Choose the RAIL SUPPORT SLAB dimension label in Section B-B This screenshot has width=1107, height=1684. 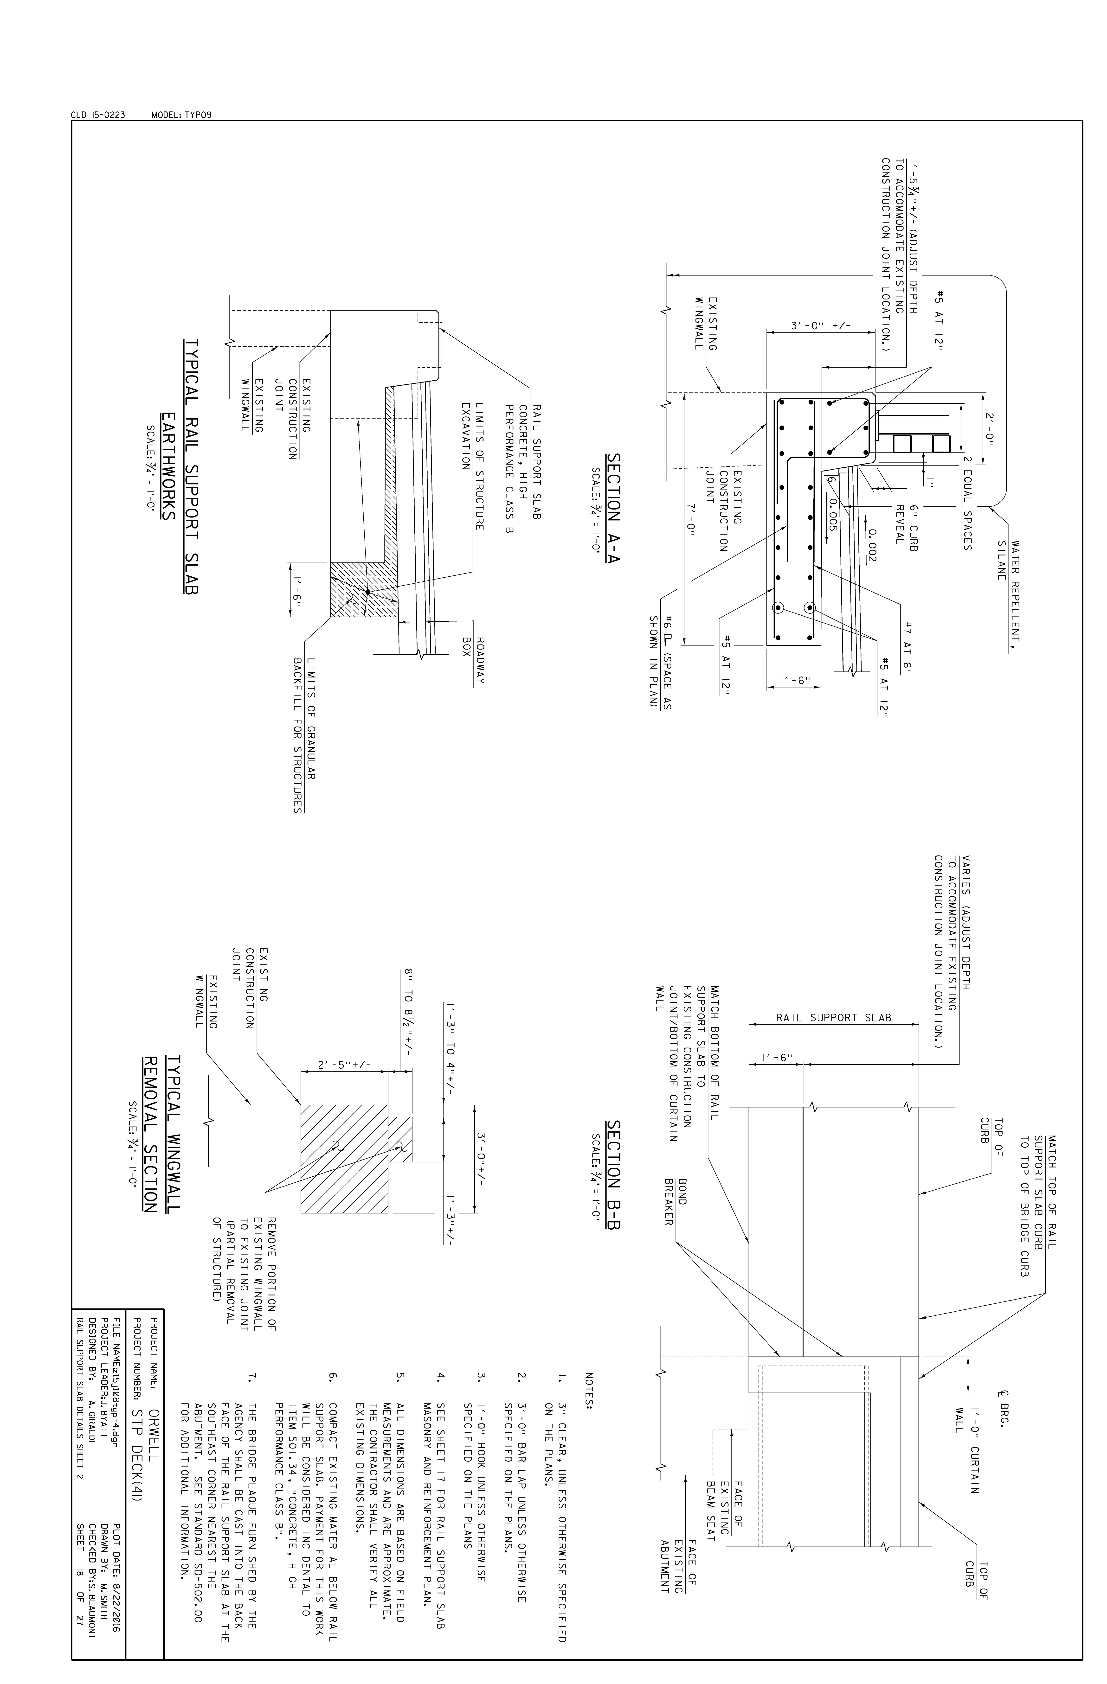click(x=834, y=1018)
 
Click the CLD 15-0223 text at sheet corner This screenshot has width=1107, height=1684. click(x=98, y=115)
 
